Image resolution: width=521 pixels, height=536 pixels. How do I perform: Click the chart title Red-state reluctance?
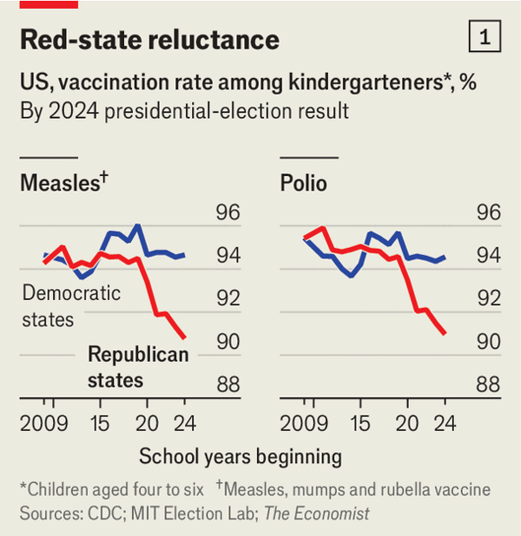coord(148,39)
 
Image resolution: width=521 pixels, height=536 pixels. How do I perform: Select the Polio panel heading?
coord(303,183)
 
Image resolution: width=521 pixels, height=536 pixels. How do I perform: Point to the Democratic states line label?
coord(70,305)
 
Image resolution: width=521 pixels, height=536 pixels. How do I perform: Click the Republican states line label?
coord(138,367)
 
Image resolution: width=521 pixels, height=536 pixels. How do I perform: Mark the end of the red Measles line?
coord(184,337)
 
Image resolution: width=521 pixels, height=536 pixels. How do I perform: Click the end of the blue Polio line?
coord(445,257)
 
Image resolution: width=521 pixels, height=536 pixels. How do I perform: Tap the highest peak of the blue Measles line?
coord(137,226)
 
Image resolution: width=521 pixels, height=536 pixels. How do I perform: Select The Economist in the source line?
coord(317,513)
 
